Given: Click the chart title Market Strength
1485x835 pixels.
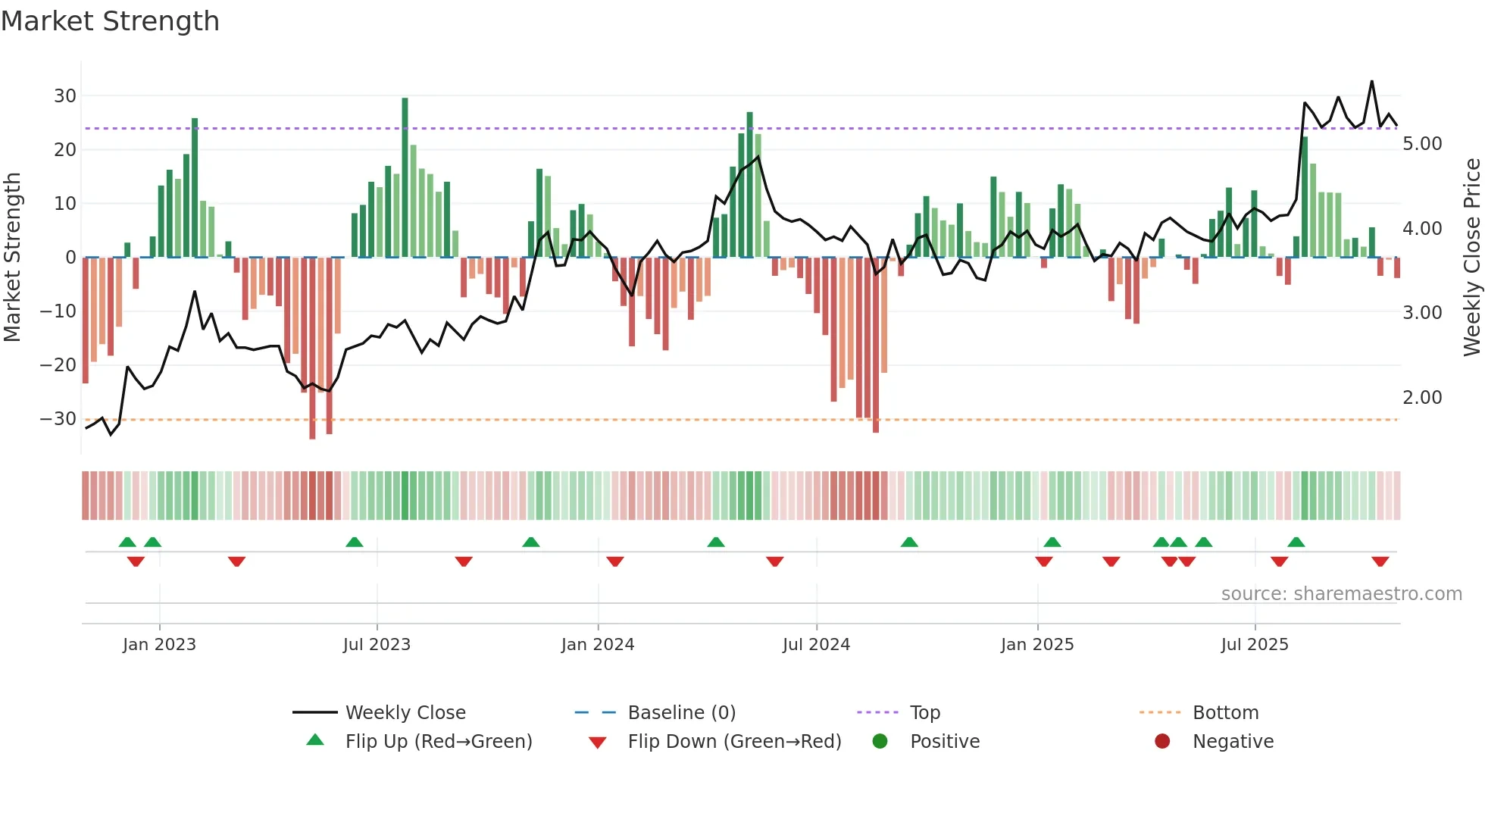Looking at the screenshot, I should tap(110, 21).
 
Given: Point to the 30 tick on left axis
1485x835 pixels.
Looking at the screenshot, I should tap(65, 96).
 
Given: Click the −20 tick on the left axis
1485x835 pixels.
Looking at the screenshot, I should tap(58, 365).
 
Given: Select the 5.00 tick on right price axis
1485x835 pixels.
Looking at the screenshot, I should tap(1422, 144).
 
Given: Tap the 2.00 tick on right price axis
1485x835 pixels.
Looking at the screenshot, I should tap(1422, 398).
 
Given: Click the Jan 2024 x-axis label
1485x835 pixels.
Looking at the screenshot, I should tap(598, 645).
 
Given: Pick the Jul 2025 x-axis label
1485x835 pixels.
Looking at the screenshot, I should tap(1255, 645).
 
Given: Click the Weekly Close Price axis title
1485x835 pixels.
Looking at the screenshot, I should tap(1471, 258).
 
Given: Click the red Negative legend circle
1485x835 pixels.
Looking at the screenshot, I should tap(1162, 742).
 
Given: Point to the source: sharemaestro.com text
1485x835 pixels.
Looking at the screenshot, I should tap(1341, 594).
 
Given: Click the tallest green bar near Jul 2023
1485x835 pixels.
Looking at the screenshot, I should tap(405, 178).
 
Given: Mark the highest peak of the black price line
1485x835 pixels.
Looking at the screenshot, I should tap(1371, 82).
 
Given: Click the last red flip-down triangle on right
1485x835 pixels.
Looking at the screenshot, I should tap(1380, 561).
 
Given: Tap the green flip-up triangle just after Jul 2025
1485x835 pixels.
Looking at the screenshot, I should tap(1296, 542).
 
